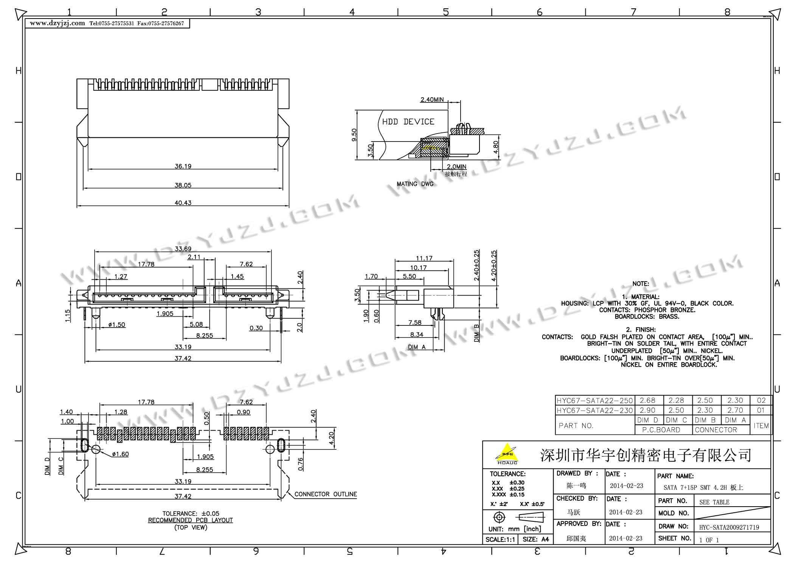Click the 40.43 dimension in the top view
183,203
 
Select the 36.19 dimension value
183,166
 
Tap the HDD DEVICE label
408,122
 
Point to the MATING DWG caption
415,184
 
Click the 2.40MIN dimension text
432,100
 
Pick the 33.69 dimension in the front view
183,249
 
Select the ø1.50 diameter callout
116,325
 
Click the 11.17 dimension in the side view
424,258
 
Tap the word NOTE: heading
641,284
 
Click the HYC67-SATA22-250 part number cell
594,400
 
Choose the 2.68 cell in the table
647,400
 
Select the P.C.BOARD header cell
661,430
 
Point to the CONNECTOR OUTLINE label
326,494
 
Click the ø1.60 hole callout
120,454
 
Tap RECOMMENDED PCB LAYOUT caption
190,520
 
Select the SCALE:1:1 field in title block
500,540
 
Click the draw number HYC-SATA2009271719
729,527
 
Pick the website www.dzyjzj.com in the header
57,23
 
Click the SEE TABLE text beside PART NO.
714,502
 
